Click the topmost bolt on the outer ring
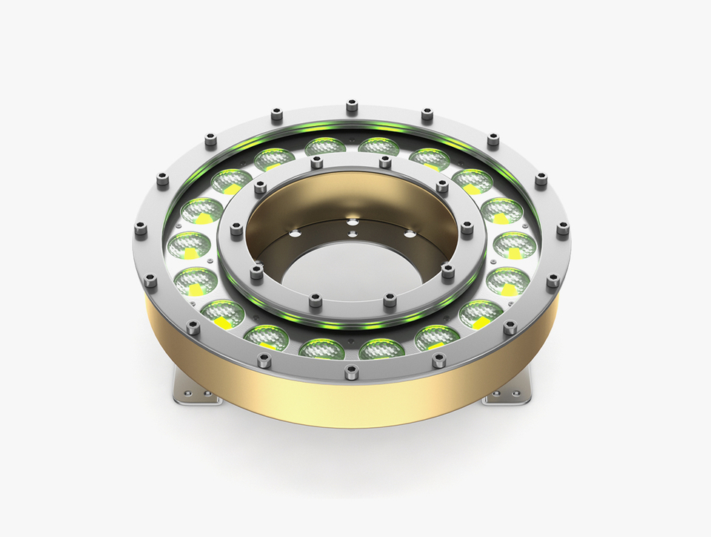point(352,105)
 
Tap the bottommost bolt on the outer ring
point(352,372)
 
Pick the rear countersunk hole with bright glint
point(351,220)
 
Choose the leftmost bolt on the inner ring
point(236,230)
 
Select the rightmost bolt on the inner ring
point(467,228)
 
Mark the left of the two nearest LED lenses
point(324,346)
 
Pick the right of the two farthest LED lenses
point(378,146)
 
